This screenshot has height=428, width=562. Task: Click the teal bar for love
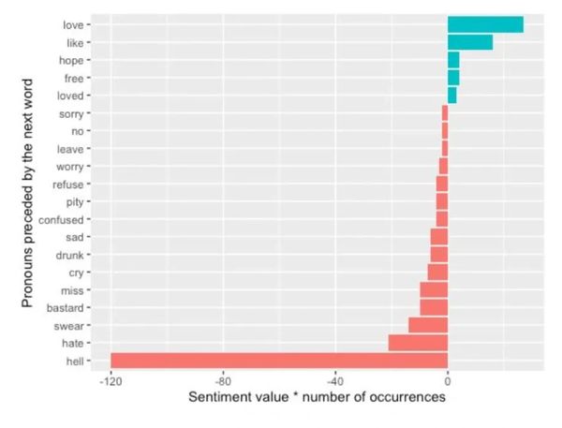click(x=485, y=24)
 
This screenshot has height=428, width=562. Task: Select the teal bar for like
click(x=469, y=42)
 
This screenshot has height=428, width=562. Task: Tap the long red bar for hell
click(x=279, y=361)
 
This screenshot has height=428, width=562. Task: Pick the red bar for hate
click(x=418, y=343)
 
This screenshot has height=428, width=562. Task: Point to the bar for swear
click(x=428, y=325)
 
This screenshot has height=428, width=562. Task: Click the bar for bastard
click(x=434, y=307)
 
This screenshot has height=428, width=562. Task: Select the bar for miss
click(x=434, y=289)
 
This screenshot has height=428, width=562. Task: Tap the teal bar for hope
click(x=453, y=60)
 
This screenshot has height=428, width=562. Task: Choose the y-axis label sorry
click(x=72, y=113)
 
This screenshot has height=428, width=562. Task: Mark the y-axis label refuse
click(x=69, y=184)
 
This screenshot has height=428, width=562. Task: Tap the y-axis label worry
click(x=71, y=167)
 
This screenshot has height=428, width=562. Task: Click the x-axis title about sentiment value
click(x=317, y=398)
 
